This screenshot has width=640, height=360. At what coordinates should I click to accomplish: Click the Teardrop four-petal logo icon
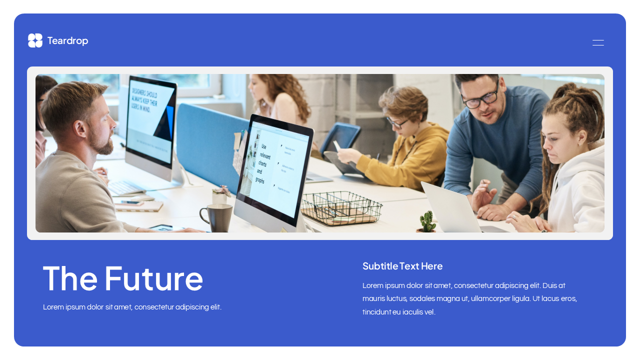(35, 40)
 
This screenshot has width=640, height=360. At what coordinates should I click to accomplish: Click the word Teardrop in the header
(67, 41)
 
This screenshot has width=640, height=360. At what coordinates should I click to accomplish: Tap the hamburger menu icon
(598, 42)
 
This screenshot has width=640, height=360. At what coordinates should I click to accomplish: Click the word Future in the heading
(153, 278)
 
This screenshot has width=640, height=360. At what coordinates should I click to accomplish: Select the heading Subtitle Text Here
(402, 266)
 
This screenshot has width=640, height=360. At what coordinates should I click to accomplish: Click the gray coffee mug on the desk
(218, 217)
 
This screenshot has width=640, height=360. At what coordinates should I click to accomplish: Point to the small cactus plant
(427, 221)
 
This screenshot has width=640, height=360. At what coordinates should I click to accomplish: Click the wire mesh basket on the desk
(341, 207)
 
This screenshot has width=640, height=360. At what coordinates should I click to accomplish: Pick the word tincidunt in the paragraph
(376, 312)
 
